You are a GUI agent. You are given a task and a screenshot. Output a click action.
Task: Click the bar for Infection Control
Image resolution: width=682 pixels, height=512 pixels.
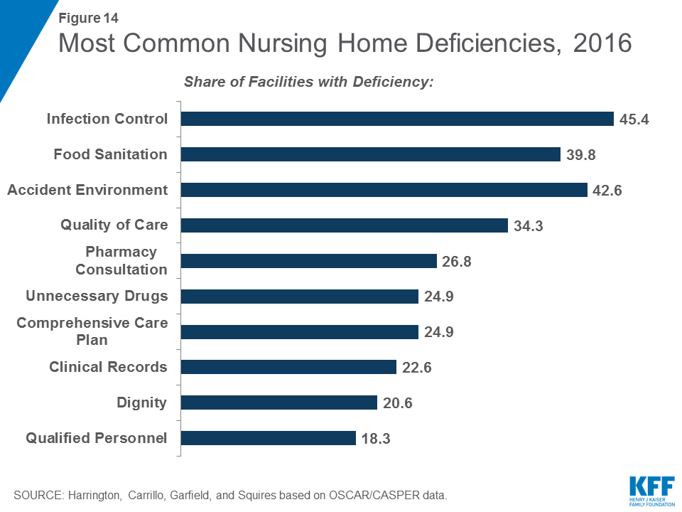[x=397, y=119]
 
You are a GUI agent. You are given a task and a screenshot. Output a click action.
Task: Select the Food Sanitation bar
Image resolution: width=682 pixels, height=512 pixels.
[x=371, y=154]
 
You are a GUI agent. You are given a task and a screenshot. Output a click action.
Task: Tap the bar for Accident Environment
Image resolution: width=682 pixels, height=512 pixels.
[x=384, y=190]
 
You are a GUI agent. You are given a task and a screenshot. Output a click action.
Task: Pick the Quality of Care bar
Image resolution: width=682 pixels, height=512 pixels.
[x=345, y=225]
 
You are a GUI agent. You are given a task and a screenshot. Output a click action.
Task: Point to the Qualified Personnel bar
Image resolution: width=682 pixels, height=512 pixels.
[x=269, y=438]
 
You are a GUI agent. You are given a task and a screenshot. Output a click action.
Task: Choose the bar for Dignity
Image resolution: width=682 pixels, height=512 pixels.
[x=279, y=402]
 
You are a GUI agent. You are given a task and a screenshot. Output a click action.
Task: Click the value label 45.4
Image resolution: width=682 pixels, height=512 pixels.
[x=634, y=119]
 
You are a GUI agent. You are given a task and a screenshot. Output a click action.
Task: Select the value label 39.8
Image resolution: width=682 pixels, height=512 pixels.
[x=582, y=154]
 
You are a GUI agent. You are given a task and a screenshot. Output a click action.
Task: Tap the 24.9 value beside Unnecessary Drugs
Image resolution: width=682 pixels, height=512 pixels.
[x=439, y=297]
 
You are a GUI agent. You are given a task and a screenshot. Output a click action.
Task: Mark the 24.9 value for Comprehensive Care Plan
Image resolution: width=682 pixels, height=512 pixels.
[x=439, y=332]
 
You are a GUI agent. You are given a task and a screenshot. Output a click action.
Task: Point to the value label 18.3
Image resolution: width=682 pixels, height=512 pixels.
[x=377, y=438]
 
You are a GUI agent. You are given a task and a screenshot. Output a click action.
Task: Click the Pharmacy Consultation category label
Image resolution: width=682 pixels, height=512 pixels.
[x=121, y=261]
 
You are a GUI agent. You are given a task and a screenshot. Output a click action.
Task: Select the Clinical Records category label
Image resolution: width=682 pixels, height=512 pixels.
[x=108, y=367]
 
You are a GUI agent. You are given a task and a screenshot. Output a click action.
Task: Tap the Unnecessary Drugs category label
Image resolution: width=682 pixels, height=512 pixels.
[x=97, y=296]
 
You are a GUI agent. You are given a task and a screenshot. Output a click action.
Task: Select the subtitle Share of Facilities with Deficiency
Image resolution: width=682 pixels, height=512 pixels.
[x=308, y=82]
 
